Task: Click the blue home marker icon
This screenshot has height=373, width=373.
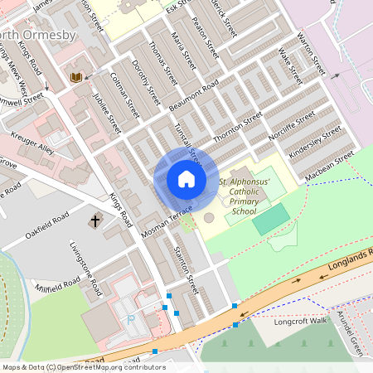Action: [186, 180]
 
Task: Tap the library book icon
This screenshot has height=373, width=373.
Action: [76, 78]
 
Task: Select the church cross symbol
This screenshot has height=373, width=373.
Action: [95, 221]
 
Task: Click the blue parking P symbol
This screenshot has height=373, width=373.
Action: [129, 319]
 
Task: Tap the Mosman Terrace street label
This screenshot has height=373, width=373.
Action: [167, 221]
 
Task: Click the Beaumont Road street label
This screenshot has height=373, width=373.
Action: [193, 96]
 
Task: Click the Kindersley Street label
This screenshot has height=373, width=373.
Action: [314, 143]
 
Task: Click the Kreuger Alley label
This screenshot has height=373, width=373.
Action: [32, 143]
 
